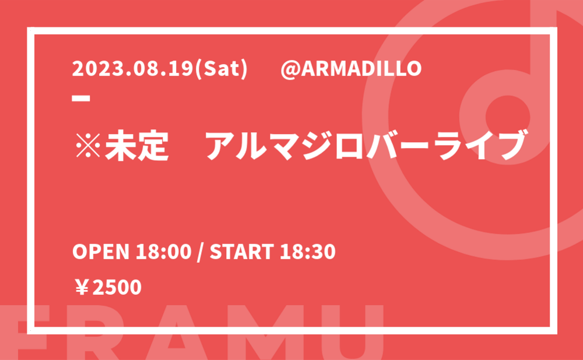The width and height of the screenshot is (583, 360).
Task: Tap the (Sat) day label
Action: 221,69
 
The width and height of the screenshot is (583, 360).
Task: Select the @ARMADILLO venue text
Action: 351,69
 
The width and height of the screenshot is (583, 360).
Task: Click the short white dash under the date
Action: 80,98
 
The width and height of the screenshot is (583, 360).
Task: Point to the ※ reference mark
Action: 88,144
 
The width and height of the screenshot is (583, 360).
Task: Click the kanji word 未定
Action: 137,144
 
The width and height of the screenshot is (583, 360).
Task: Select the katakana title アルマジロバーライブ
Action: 365,144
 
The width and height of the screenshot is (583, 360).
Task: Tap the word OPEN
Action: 101,252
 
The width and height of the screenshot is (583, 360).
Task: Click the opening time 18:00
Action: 163,252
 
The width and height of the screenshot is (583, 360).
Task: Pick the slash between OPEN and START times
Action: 201,252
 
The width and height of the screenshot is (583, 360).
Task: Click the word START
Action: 242,252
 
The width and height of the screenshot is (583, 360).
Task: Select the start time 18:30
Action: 308,252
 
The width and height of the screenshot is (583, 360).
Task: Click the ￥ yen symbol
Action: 82,288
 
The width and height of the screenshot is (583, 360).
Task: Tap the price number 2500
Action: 117,288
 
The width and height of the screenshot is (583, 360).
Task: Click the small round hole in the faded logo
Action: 508,117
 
